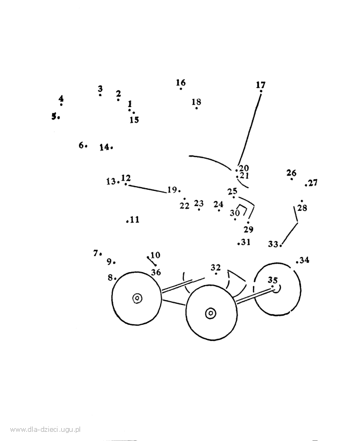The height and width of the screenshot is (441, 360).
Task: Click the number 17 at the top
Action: point(261,84)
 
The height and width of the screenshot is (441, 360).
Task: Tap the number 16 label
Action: point(181,82)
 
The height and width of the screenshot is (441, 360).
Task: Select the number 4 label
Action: point(61,99)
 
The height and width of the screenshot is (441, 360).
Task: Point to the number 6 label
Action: point(81,145)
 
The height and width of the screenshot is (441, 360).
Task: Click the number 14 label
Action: point(104,147)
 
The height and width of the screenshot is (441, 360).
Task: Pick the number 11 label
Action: point(135,219)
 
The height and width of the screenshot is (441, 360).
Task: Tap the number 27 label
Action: point(313,183)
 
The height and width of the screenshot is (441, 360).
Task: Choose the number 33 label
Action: point(273,244)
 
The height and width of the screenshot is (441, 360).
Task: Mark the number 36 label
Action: point(156,272)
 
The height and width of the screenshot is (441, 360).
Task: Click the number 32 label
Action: point(215,267)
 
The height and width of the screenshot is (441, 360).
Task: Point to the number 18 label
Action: point(197,102)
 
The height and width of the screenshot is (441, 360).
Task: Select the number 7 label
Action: point(96,253)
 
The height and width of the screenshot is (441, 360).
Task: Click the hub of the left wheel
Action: point(137,298)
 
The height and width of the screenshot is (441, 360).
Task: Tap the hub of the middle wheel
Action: point(211,313)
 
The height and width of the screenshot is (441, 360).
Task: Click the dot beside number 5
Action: point(59,118)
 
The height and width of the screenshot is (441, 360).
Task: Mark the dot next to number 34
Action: point(297,262)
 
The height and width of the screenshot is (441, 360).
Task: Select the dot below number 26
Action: point(292,179)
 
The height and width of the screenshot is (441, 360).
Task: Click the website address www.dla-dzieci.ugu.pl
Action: point(46,430)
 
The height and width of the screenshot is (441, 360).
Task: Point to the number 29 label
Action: point(248,230)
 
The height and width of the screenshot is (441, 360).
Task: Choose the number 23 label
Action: point(199,203)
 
